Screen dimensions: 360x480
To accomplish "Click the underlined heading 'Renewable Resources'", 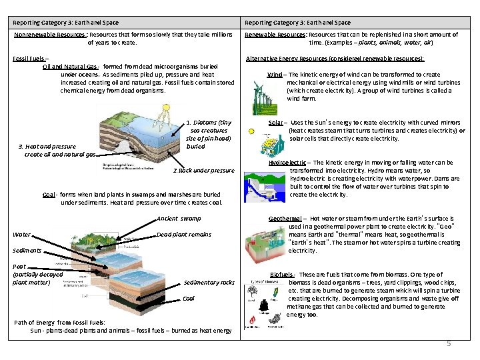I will point(275,35).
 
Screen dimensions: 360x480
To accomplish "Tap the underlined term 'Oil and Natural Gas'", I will point(70,67).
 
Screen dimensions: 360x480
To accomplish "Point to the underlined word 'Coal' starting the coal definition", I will point(48,195).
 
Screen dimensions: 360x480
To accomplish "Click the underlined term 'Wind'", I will point(273,75).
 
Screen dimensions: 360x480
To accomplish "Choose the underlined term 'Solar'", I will point(276,123).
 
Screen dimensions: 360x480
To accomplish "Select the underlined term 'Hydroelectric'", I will point(287,163).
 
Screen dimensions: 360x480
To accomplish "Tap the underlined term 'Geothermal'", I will point(285,219).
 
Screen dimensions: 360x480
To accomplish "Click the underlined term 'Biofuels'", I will point(283,275).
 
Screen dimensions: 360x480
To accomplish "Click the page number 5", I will point(449,343).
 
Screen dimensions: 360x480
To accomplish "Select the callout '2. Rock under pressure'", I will point(203,171).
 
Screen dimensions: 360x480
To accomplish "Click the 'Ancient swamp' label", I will point(178,219).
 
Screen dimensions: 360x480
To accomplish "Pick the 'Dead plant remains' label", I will point(183,235).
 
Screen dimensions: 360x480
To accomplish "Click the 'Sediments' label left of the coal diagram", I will point(27,251).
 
